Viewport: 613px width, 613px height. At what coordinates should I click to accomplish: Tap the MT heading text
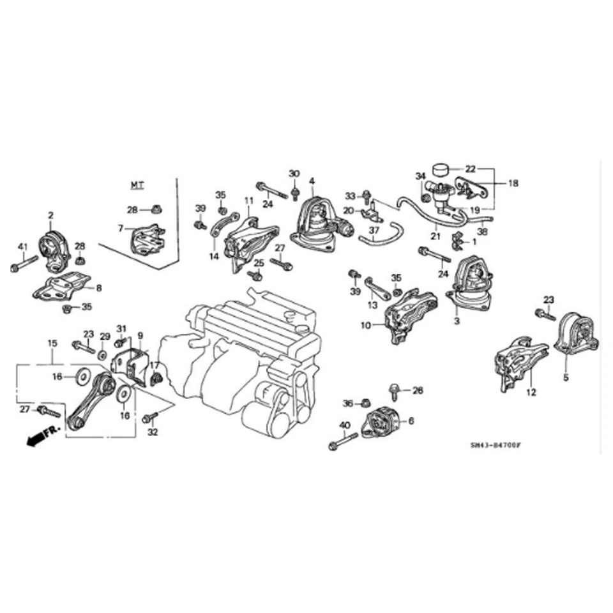tap(137, 185)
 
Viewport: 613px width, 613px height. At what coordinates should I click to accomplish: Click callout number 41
tap(22, 247)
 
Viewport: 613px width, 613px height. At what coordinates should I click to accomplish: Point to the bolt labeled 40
tap(344, 441)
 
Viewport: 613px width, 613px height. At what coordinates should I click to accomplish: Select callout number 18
tap(513, 183)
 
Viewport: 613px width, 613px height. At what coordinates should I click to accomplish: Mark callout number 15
tap(52, 344)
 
